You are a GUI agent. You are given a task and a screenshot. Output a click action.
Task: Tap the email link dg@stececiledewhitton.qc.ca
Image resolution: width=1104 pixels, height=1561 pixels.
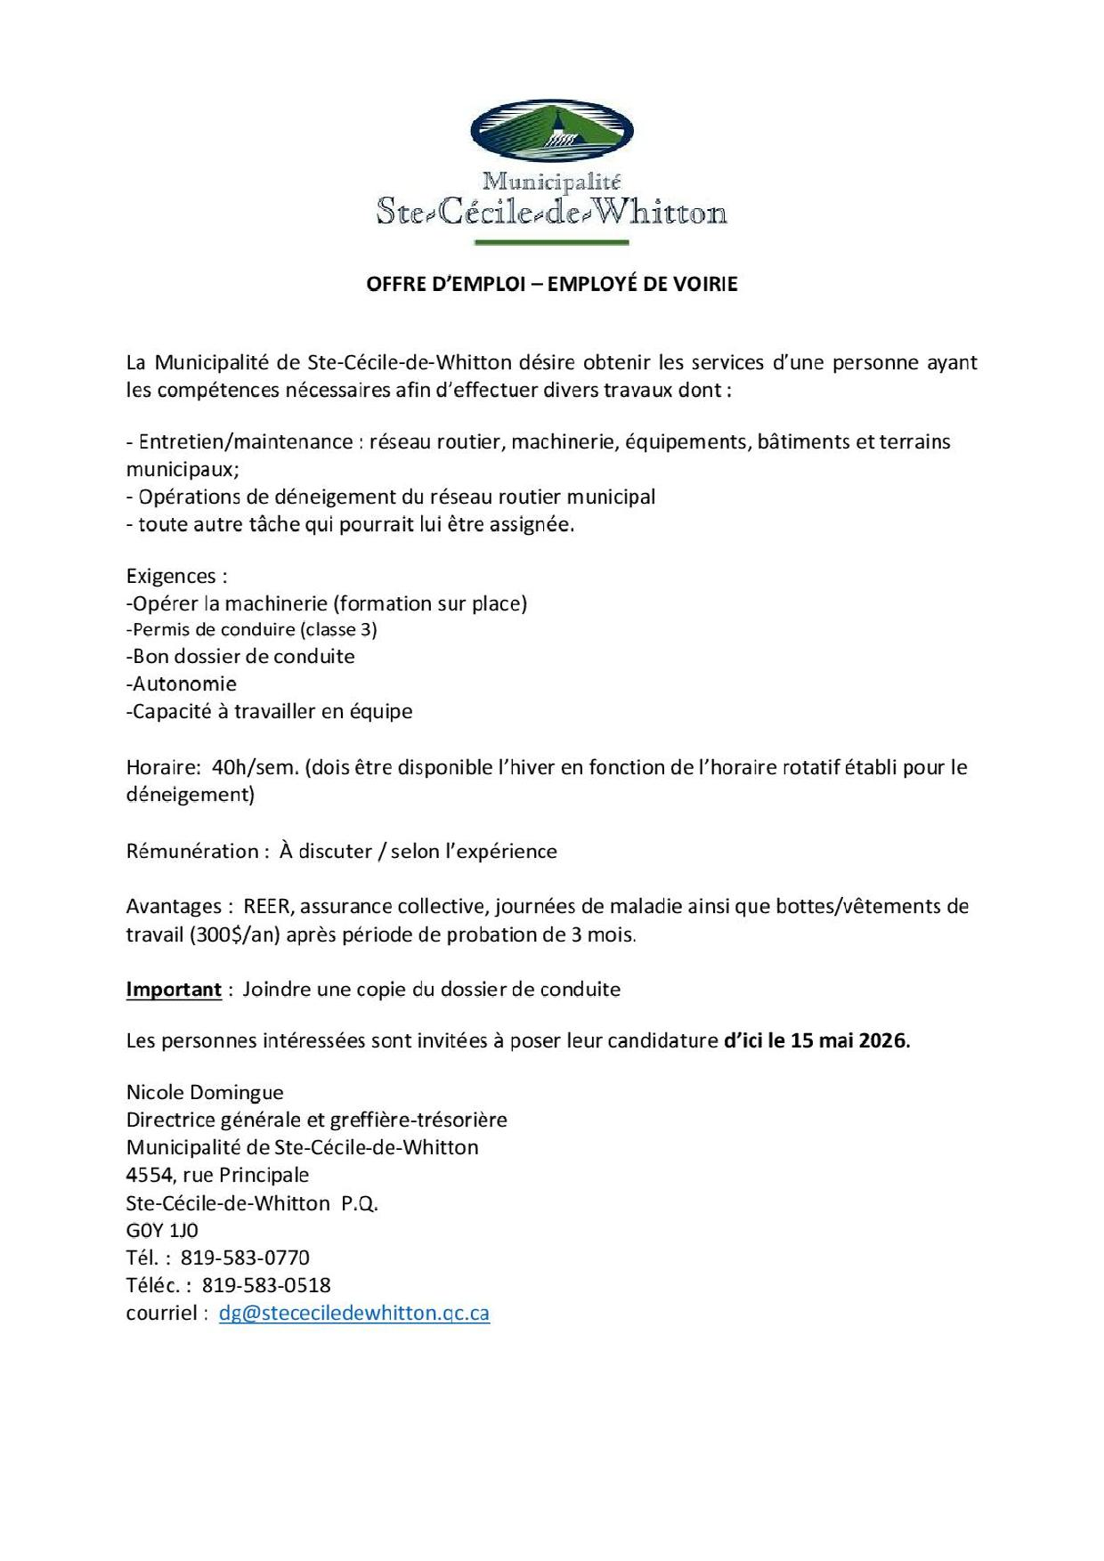353,1313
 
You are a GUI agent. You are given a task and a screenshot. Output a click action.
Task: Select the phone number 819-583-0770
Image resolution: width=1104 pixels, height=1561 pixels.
245,1258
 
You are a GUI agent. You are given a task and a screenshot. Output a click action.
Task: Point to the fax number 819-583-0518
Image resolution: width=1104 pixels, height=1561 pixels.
266,1285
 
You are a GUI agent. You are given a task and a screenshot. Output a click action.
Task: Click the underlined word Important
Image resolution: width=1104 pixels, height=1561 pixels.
174,990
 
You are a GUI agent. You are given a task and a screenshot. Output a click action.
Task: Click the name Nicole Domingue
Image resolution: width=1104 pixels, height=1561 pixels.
205,1092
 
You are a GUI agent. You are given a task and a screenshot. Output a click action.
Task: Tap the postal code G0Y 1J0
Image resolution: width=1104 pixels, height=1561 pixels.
162,1230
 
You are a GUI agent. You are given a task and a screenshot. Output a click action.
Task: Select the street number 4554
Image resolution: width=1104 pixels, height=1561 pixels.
150,1175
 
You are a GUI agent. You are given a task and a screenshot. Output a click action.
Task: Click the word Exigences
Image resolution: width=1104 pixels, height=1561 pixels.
171,576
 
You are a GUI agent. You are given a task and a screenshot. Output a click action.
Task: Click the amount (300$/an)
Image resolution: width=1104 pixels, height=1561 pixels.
235,934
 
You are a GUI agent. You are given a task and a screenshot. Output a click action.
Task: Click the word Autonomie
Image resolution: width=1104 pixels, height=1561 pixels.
182,683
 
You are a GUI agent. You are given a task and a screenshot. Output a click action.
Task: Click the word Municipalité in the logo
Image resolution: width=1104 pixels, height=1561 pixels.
551,182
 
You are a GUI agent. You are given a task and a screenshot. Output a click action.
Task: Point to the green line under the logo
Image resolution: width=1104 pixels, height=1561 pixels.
551,242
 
